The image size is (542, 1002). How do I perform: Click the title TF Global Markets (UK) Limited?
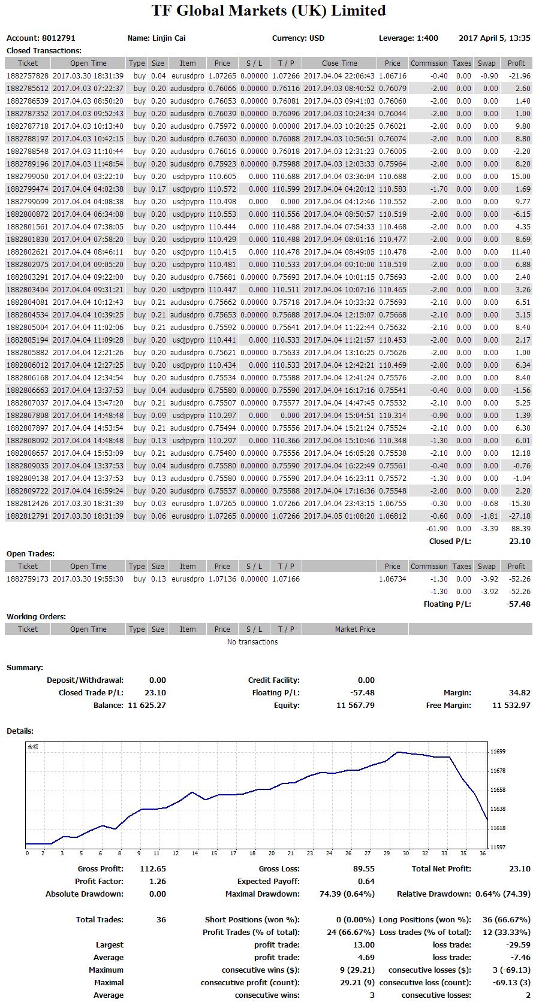coord(269,10)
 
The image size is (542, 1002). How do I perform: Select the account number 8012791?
coord(59,38)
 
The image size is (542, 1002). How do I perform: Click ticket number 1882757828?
coord(28,76)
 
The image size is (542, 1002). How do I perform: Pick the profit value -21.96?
coord(520,76)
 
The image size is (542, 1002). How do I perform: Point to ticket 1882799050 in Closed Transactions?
coord(28,176)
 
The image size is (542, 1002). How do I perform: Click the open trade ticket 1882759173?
coord(28,579)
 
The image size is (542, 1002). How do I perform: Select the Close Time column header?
coord(339,63)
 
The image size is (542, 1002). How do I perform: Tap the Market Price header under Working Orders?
coord(355,629)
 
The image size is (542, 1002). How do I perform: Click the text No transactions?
coord(252,641)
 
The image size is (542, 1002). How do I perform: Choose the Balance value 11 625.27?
coord(147,705)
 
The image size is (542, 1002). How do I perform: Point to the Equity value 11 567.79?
coord(355,705)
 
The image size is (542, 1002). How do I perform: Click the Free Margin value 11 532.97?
coord(511,705)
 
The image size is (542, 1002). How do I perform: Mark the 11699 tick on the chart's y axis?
coord(498,752)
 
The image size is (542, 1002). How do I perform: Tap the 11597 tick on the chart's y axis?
coord(498,847)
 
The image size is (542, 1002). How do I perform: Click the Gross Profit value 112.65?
coord(153,868)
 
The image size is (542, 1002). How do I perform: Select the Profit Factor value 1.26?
coord(158,881)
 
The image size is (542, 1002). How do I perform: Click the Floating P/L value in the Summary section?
coord(362,692)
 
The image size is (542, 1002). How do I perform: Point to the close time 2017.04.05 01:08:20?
coord(339,516)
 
